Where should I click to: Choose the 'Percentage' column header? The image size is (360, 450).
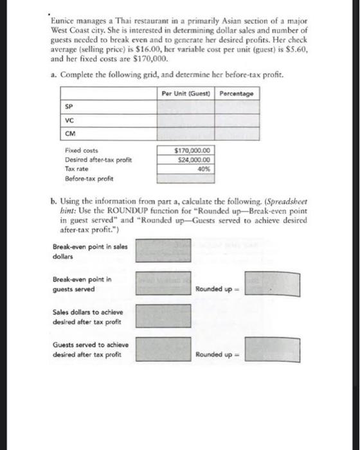click(x=236, y=94)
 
